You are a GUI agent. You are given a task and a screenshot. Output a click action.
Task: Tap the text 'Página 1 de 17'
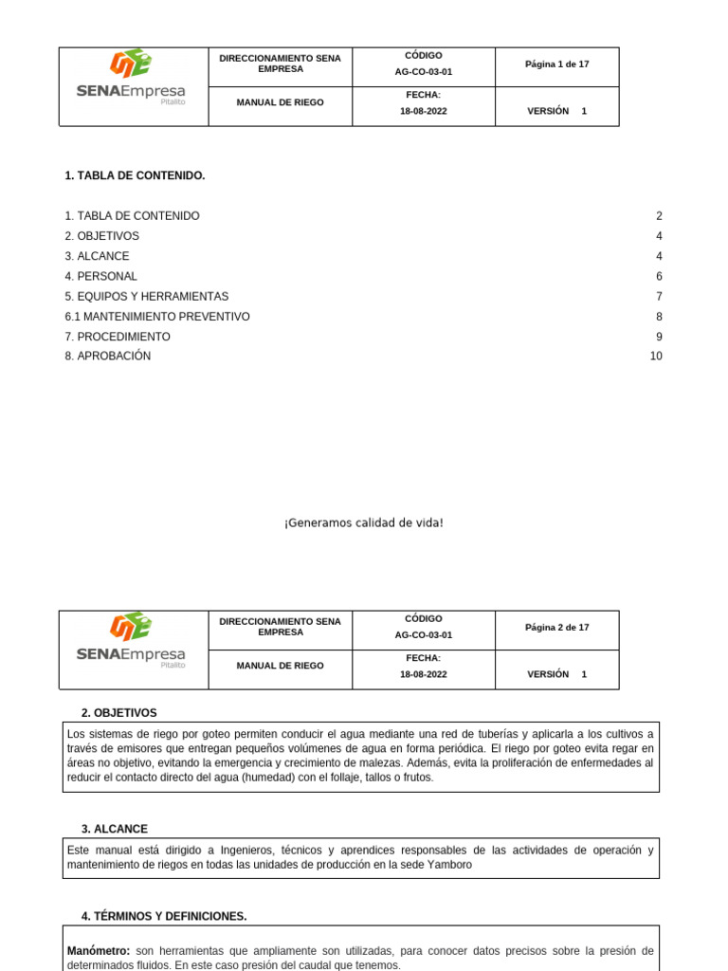point(557,64)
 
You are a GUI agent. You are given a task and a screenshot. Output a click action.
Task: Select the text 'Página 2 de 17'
point(557,628)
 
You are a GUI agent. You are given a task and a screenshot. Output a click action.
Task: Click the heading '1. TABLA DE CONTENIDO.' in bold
point(135,176)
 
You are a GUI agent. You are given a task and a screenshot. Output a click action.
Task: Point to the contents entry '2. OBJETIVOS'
point(102,236)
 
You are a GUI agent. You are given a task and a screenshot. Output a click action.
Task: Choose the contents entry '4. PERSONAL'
point(101,277)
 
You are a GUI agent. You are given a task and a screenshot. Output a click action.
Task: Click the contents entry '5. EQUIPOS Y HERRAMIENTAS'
point(147,297)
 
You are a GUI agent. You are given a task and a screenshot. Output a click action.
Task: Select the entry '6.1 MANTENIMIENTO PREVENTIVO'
point(157,317)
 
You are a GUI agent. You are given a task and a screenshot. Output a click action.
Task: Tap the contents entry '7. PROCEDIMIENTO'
point(118,337)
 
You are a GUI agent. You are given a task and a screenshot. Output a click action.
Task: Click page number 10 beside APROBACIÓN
point(656,357)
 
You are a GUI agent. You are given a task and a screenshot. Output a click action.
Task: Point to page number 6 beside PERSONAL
point(659,277)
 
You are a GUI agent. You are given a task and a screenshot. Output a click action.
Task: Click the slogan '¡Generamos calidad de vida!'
point(364,523)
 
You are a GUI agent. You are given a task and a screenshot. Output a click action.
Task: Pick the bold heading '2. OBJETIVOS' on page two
point(119,713)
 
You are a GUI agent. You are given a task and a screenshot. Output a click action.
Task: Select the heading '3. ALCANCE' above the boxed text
point(115,829)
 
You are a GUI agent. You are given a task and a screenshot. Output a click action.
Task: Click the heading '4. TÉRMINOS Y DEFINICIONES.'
point(164,916)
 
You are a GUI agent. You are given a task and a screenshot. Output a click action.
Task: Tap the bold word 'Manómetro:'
point(99,951)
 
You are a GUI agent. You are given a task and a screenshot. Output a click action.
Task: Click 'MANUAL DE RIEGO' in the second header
point(280,666)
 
